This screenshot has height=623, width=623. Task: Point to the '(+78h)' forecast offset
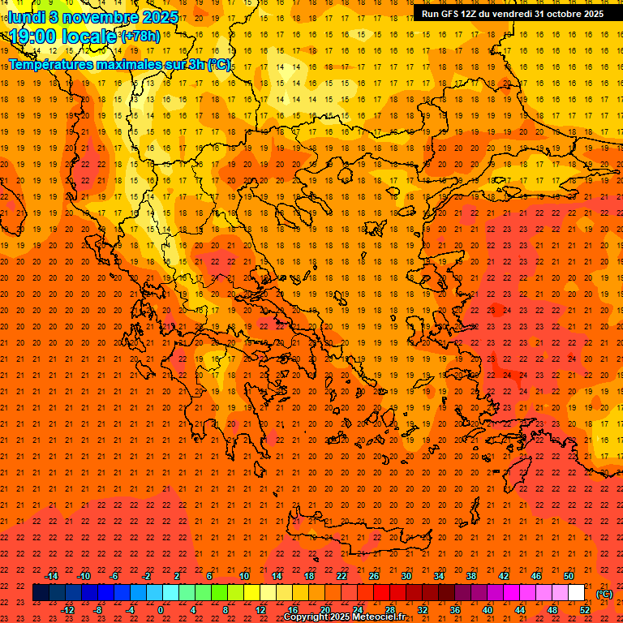140,36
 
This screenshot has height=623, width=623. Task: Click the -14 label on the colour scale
51,576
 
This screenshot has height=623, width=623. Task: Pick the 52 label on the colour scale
584,609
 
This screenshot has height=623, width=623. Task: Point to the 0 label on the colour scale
161,609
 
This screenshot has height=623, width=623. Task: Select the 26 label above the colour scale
374,576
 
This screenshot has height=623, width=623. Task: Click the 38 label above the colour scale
470,576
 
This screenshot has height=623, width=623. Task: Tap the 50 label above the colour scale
568,576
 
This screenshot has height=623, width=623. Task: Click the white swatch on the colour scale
576,593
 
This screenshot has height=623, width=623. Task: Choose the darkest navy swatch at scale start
41,593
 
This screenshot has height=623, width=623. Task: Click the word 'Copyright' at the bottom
306,617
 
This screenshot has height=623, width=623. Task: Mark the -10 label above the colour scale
84,576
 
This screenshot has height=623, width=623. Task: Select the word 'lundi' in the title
27,16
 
